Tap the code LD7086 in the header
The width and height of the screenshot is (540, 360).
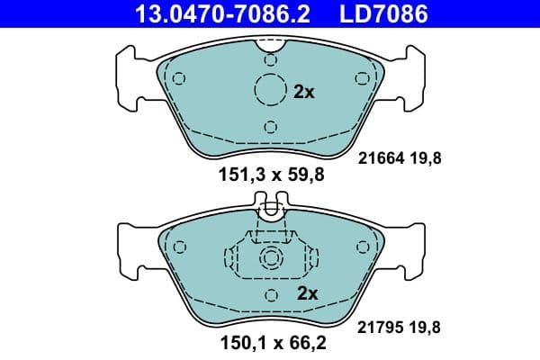[x=382, y=13]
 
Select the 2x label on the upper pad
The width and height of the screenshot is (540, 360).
[x=304, y=92]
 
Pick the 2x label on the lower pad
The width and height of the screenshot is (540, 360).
[x=308, y=292]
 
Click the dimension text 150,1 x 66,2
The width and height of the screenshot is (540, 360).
[x=269, y=342]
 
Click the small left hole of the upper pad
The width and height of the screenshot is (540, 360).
[x=179, y=77]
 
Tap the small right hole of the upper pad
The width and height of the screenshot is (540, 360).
[x=361, y=77]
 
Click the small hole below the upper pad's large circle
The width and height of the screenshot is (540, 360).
[x=270, y=127]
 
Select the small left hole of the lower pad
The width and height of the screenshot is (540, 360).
[x=178, y=247]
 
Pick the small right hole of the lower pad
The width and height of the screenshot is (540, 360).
[x=362, y=247]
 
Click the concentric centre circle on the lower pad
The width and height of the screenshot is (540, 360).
[x=270, y=259]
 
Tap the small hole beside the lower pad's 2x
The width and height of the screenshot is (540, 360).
[x=270, y=293]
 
